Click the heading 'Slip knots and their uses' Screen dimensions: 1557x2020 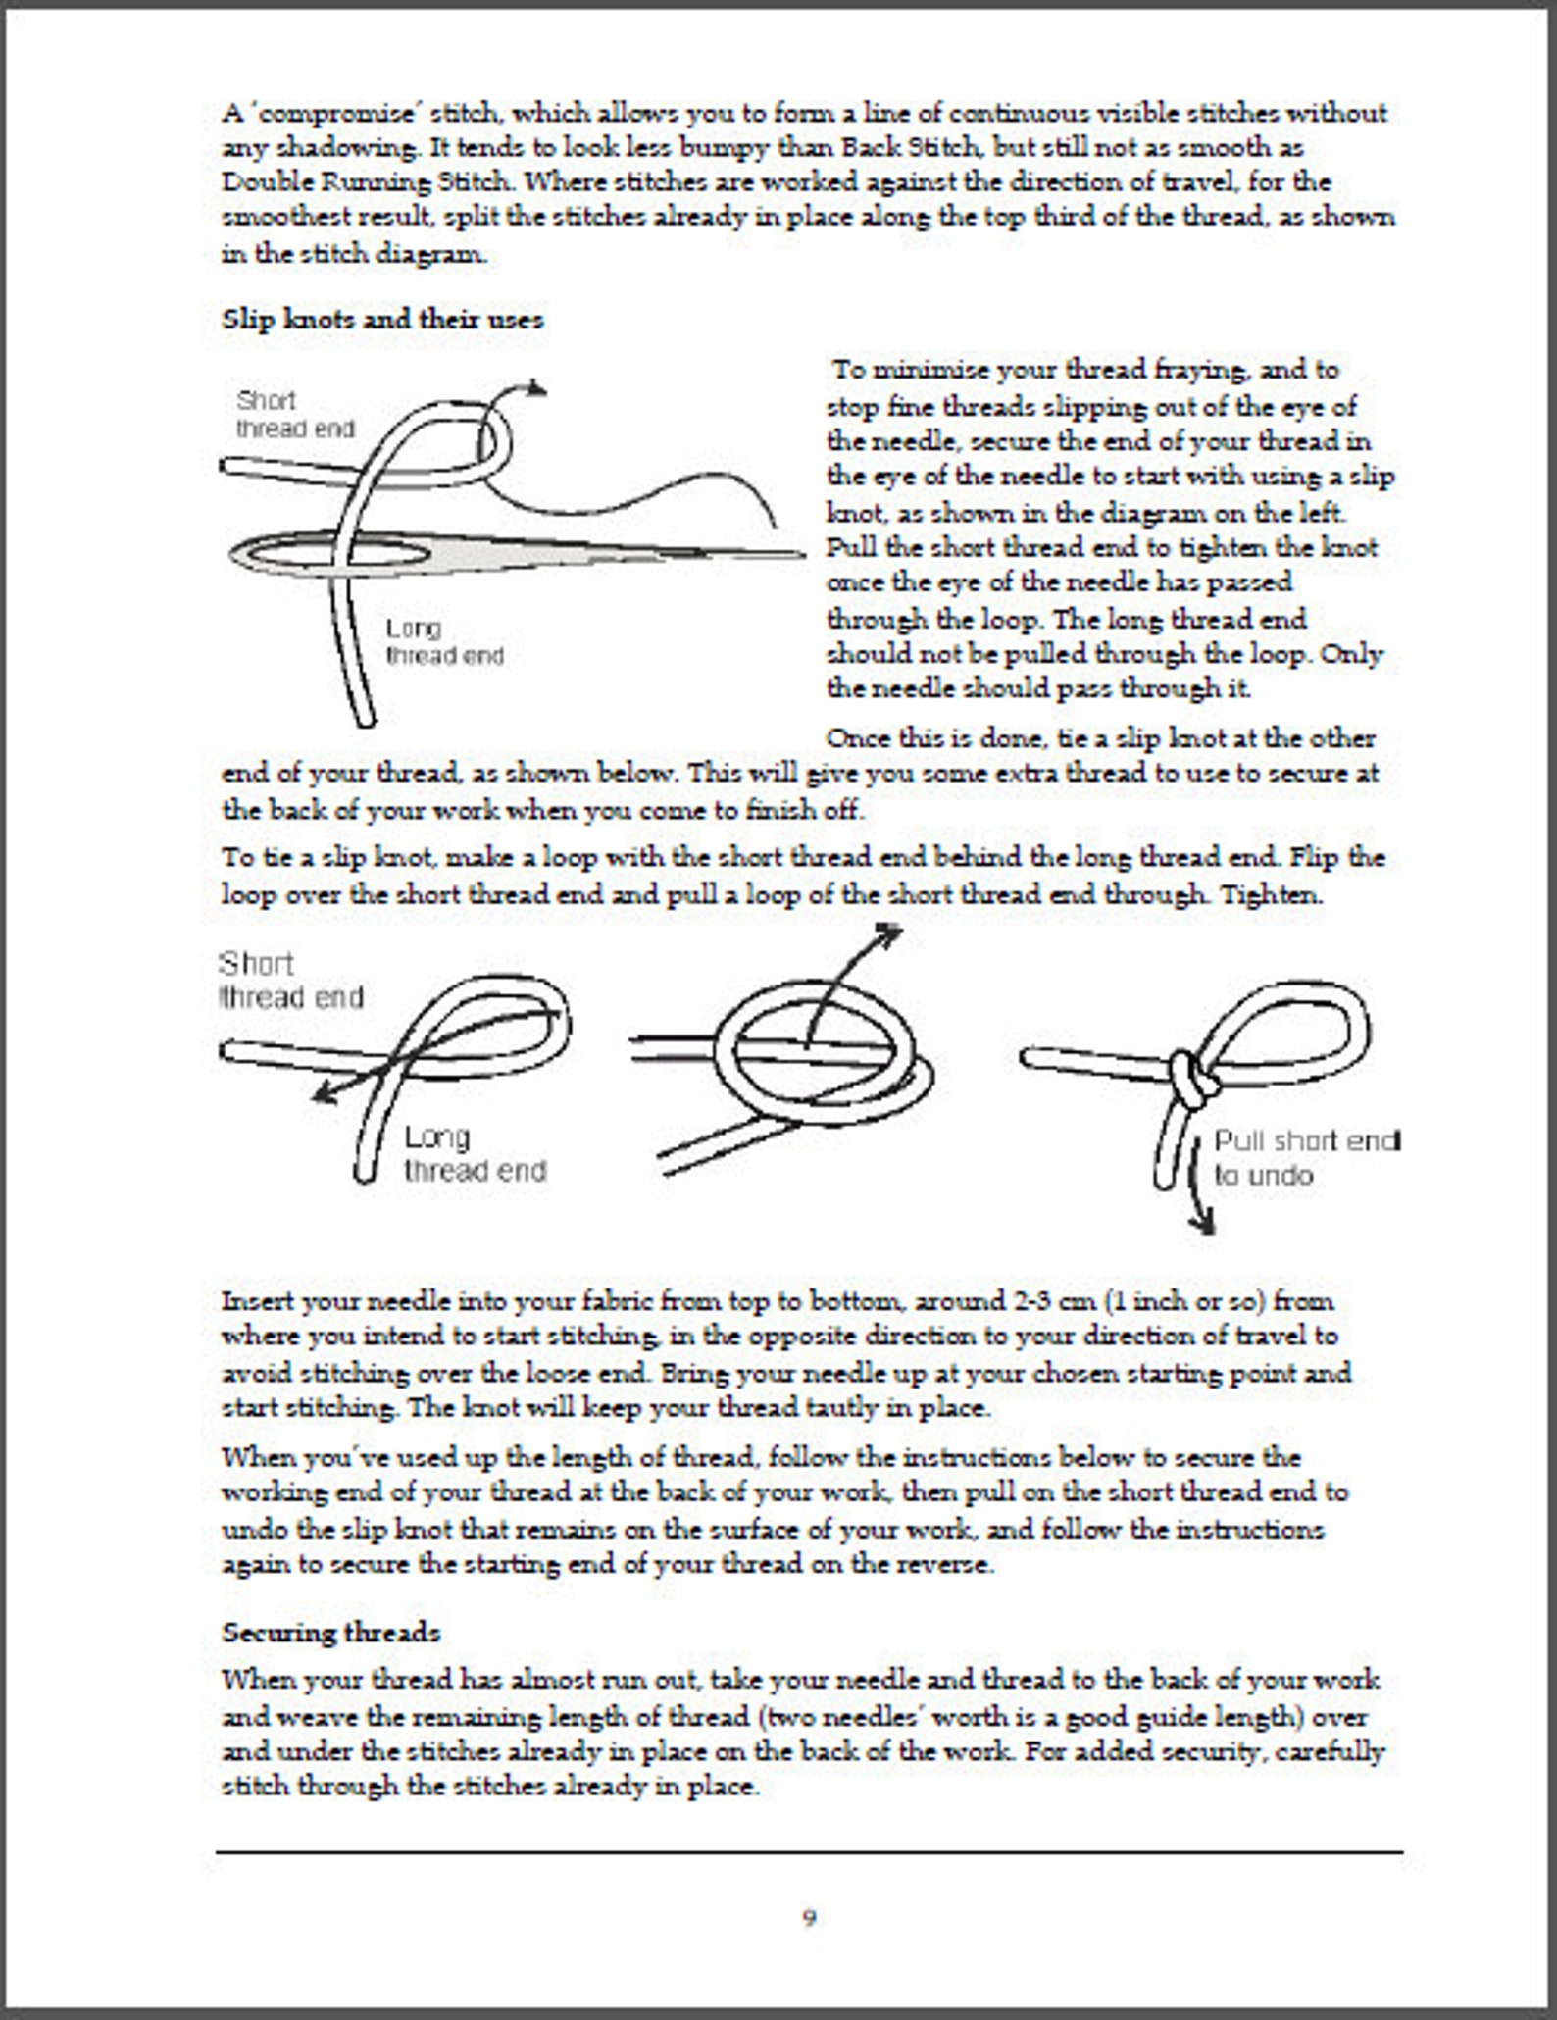tap(382, 320)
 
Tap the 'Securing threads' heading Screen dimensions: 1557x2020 tap(330, 1633)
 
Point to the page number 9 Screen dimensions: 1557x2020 tap(809, 1918)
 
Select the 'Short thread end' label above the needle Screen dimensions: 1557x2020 tap(295, 414)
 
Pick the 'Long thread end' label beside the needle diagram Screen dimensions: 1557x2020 tap(444, 641)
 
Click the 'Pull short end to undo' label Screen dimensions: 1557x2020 tap(1307, 1157)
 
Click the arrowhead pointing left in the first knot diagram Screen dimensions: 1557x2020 tap(325, 1092)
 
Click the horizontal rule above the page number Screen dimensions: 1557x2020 tap(809, 1852)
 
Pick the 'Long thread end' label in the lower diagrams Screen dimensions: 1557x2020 tap(475, 1153)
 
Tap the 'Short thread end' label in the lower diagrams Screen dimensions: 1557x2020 tap(291, 980)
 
